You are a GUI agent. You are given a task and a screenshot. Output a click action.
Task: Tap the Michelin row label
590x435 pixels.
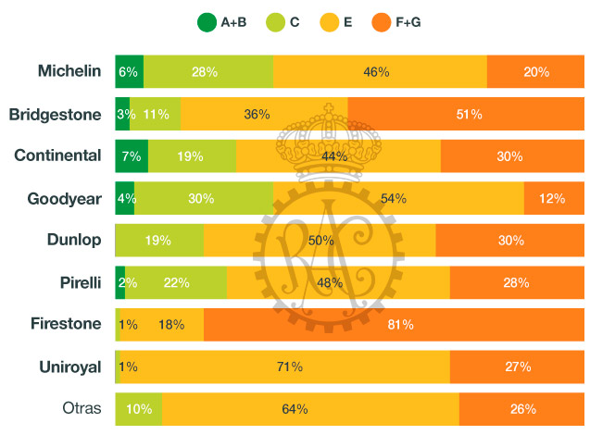click(69, 71)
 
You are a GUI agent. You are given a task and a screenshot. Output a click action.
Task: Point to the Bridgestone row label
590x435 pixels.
click(55, 115)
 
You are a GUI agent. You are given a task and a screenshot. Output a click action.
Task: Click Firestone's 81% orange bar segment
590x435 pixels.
click(394, 324)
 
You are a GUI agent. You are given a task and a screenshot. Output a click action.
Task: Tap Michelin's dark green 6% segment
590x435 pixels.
click(129, 71)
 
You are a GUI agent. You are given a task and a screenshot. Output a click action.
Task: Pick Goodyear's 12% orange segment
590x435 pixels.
click(552, 198)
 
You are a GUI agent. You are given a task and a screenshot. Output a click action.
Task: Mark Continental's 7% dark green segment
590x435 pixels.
click(132, 156)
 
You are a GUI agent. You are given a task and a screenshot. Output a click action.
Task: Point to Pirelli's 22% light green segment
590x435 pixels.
click(176, 282)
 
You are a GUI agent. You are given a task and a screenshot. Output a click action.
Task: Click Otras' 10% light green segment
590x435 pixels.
click(139, 408)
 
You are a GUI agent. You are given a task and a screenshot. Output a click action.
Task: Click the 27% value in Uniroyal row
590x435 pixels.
click(518, 367)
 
